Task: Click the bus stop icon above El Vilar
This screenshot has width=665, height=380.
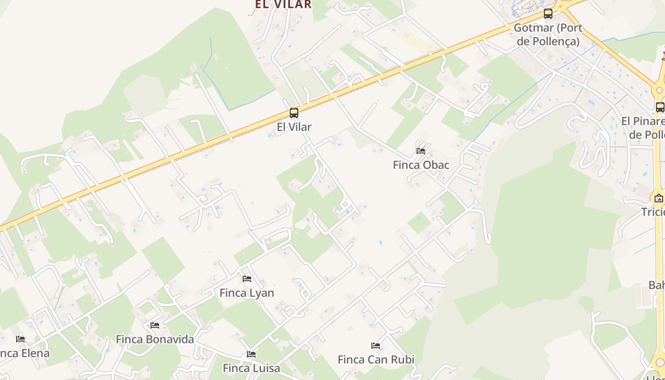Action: (294, 113)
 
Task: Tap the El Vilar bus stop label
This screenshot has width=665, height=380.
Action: (294, 127)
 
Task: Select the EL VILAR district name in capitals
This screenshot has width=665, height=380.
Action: (283, 4)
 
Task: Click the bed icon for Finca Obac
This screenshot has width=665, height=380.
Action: (421, 151)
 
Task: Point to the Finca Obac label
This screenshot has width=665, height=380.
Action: (421, 165)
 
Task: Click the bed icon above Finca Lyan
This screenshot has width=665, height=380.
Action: (247, 279)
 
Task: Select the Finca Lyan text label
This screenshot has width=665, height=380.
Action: (247, 293)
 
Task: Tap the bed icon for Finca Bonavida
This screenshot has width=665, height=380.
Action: (155, 325)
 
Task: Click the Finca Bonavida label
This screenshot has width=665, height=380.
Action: (155, 339)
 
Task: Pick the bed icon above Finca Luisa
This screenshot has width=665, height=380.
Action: (251, 354)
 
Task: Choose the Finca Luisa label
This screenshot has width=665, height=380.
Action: (251, 368)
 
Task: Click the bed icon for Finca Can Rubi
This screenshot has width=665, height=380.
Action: (376, 346)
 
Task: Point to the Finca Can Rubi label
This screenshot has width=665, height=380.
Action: (376, 360)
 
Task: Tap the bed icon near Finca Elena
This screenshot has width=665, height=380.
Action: (20, 339)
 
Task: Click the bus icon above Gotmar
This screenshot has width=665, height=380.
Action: (548, 14)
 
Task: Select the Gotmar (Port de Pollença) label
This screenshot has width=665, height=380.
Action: (548, 34)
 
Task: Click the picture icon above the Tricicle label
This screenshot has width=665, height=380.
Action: (659, 198)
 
